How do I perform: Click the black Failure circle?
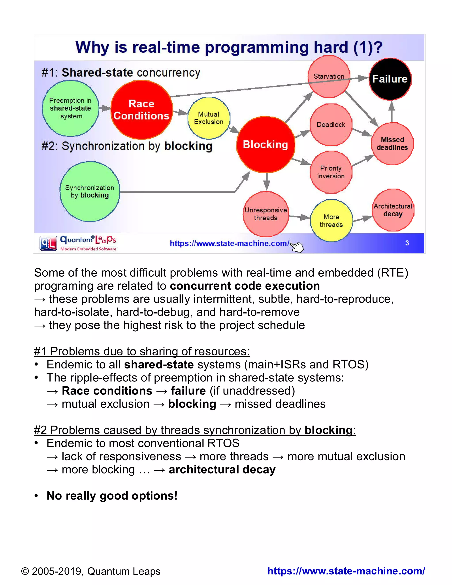tap(390, 79)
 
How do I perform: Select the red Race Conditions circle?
tap(141, 110)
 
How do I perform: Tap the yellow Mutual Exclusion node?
tap(209, 118)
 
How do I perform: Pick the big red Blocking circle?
tap(265, 144)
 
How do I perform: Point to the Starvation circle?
tap(329, 76)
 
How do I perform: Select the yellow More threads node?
tap(331, 221)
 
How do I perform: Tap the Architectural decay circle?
tap(393, 210)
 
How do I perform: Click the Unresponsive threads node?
tap(266, 214)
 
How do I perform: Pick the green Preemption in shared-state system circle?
tap(70, 108)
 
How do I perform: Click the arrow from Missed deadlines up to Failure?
tap(392, 112)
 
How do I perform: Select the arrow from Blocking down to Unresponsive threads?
tap(266, 182)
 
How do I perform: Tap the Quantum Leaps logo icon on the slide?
tap(48, 243)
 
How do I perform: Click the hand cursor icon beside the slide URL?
tap(297, 247)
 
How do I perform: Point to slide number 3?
tap(407, 243)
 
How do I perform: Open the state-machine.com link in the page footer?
tap(346, 571)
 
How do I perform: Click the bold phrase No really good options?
tap(112, 496)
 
